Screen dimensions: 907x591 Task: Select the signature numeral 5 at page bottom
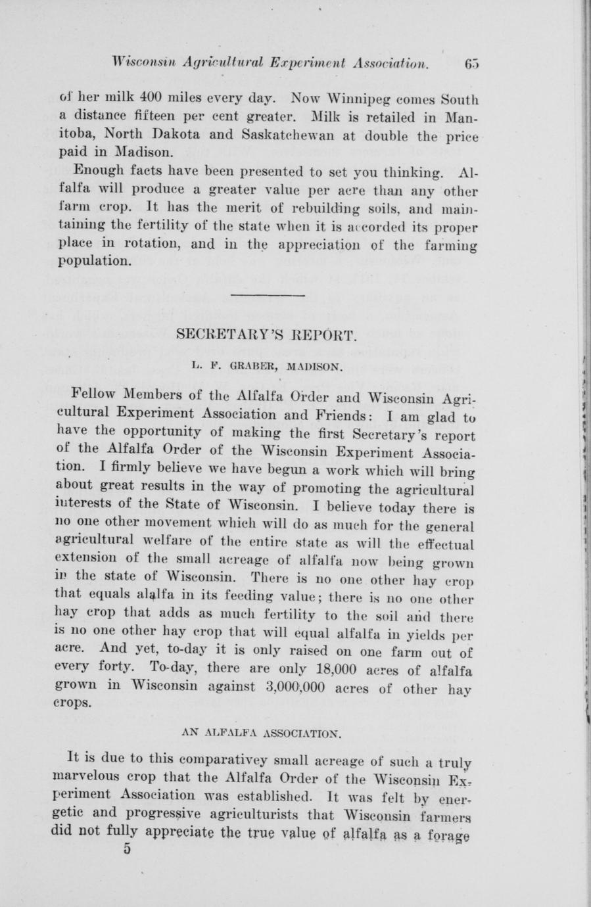[x=128, y=848]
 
